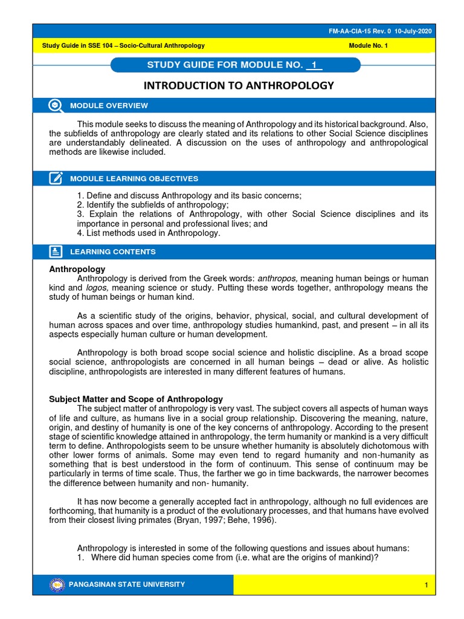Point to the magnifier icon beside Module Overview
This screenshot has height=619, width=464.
point(55,105)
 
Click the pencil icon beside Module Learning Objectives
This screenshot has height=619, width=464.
point(55,178)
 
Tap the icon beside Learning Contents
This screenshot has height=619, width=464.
point(55,251)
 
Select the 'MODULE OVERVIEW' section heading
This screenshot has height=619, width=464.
point(109,106)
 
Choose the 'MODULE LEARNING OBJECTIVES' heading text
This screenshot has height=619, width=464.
point(134,179)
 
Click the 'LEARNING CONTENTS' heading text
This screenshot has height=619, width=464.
point(113,252)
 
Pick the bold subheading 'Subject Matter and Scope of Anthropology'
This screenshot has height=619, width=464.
point(136,399)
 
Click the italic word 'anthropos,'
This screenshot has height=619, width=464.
point(277,278)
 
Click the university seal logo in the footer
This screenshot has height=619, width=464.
point(57,585)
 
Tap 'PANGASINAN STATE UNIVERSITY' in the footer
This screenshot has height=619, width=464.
point(127,585)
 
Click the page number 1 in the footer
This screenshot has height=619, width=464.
point(426,585)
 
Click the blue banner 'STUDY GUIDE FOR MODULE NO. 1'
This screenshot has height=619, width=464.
point(235,65)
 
